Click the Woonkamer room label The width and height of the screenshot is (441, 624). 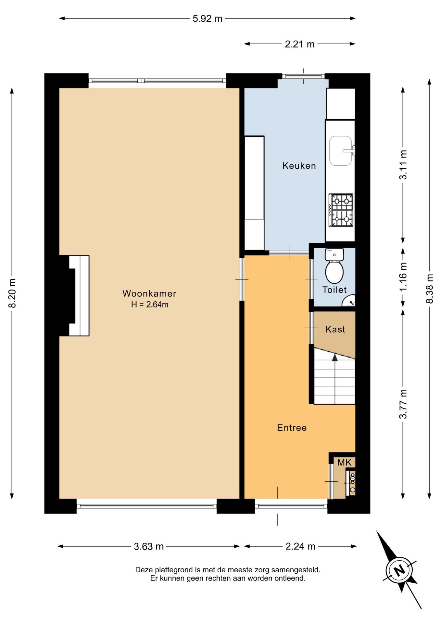tap(149, 293)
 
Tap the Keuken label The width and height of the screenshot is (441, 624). tap(299, 166)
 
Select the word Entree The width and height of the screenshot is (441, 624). tap(292, 428)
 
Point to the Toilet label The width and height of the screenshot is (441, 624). tap(334, 290)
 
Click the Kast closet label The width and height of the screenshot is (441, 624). tap(335, 329)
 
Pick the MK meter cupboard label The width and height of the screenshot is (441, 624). tap(344, 462)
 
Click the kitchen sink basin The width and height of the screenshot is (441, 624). tap(341, 151)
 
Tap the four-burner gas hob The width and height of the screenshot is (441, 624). tap(341, 210)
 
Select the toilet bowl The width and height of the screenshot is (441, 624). tap(334, 272)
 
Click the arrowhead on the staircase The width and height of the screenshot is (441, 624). tap(334, 357)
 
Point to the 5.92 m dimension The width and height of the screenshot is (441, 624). tap(207, 19)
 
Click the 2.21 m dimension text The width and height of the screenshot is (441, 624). tap(299, 44)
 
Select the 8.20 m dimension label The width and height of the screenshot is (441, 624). tap(12, 293)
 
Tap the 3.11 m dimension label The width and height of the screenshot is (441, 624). tap(403, 165)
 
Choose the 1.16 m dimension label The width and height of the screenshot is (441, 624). tap(403, 277)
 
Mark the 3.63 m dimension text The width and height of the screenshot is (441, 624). tap(149, 546)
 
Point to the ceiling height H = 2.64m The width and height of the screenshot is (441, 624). tap(150, 305)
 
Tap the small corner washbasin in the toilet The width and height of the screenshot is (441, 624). tap(349, 301)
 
